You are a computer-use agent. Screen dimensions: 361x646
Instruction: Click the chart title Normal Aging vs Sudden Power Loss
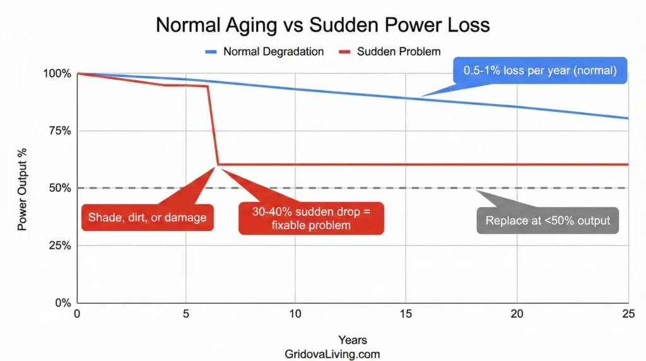[322, 25]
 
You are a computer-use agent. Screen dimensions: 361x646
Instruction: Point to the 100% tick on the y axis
[57, 74]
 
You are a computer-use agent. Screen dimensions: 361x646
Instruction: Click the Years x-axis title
[352, 341]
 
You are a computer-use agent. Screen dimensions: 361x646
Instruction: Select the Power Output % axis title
[23, 188]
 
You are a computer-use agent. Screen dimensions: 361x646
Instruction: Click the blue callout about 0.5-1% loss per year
[539, 71]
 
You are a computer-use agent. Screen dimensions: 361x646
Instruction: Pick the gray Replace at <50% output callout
[548, 221]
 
